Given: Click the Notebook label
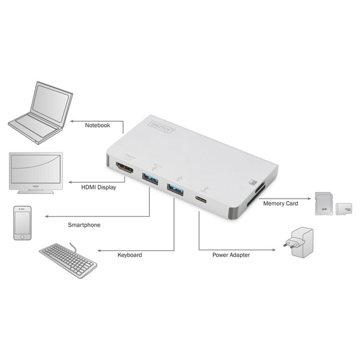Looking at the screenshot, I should (x=98, y=125).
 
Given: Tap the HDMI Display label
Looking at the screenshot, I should (x=98, y=187).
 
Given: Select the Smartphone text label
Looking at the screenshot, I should (x=84, y=225).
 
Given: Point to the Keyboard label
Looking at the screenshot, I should (x=130, y=255).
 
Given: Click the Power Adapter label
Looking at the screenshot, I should (x=231, y=255).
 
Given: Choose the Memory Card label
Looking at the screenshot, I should (x=280, y=203).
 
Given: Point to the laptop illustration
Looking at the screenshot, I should (x=38, y=114).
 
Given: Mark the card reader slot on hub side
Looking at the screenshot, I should (x=260, y=192).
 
